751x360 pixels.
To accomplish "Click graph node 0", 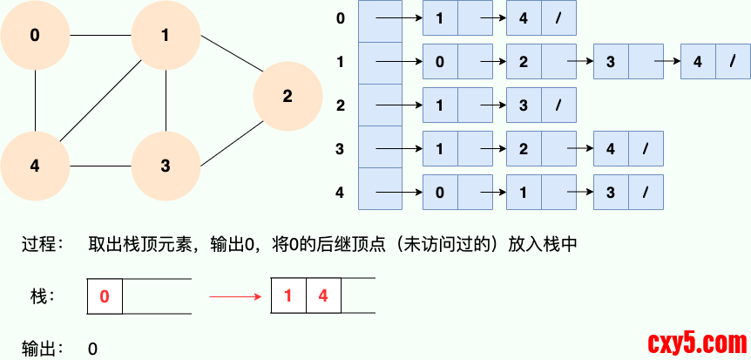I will pos(35,36).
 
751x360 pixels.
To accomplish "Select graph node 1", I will pos(166,36).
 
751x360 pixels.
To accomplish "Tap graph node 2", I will pos(288,97).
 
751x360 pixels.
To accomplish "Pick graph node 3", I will pos(166,166).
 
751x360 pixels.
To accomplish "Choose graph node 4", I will pos(35,166).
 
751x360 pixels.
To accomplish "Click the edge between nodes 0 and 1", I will pos(100,36).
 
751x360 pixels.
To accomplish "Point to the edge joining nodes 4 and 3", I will pos(100,166).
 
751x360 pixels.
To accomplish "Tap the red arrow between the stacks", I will pos(235,296).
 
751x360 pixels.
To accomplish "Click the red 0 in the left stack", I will pos(105,296).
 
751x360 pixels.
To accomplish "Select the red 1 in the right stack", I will pos(288,296).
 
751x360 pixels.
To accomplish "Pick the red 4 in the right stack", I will pos(323,296).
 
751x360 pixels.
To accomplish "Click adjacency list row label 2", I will pos(341,105).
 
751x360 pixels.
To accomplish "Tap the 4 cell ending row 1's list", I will pos(698,62).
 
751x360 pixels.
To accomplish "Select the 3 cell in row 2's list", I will pos(524,105).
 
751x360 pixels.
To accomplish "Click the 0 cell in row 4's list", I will pos(440,191).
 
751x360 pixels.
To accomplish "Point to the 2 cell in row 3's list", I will pos(524,148).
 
